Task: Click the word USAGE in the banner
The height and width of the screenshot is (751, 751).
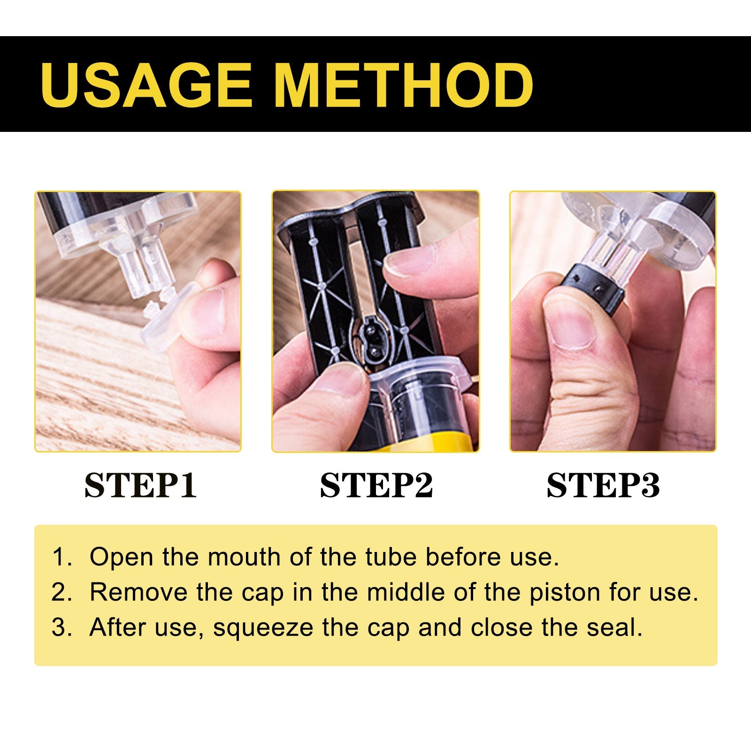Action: click(146, 84)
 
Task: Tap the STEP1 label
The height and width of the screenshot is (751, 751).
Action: click(140, 485)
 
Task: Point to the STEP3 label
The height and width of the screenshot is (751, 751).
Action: click(603, 485)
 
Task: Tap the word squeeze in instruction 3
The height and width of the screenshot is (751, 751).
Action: click(263, 628)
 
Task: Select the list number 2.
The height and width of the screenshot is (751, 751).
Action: click(61, 592)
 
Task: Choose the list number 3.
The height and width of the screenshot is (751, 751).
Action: click(61, 628)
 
